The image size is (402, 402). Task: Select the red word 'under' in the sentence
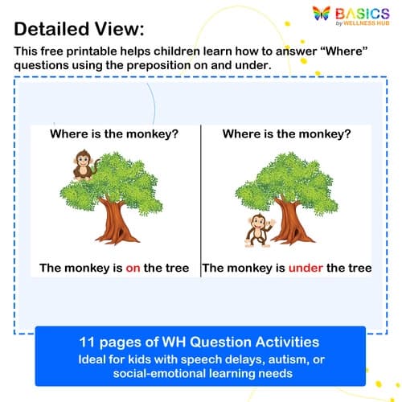click(x=305, y=268)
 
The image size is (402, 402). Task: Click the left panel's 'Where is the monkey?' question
click(x=114, y=133)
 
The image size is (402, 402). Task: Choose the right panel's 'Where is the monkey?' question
click(x=287, y=133)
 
